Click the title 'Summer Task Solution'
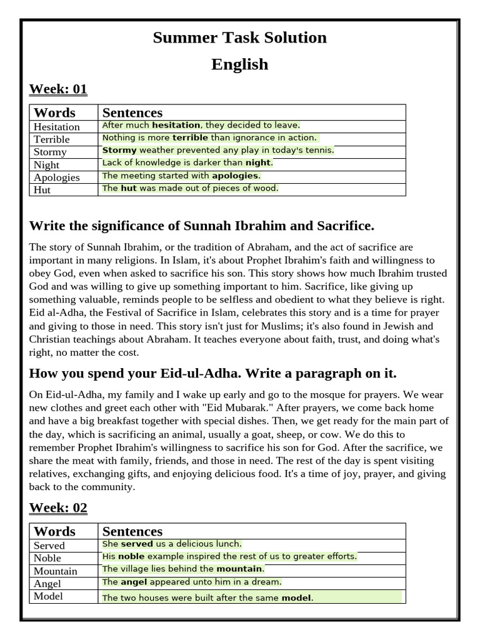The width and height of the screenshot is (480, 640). pos(239,37)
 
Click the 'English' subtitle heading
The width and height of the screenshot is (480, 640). pos(239,64)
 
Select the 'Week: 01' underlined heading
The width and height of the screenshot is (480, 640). pos(58,89)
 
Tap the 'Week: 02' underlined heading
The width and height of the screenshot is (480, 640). pos(58,507)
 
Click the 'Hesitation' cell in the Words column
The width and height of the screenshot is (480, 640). pos(57,127)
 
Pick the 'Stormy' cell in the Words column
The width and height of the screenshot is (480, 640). pos(50,152)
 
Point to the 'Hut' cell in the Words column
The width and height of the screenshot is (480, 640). pos(42,189)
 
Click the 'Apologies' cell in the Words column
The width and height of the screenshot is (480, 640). pos(57,177)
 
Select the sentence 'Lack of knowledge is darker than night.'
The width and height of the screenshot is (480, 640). pos(187,162)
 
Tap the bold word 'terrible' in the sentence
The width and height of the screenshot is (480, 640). pos(190,137)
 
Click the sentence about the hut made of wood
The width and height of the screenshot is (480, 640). pos(190,188)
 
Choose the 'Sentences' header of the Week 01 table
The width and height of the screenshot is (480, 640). pos(132,112)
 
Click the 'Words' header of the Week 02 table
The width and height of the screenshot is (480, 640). pos(54,531)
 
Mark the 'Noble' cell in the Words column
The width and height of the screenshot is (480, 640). pos(47,558)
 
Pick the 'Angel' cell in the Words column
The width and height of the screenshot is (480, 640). pos(47,583)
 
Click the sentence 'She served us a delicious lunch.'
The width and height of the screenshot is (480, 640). pos(172,544)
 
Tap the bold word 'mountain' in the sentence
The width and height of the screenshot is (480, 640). pos(239,569)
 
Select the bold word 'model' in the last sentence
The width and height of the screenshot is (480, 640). pos(296,598)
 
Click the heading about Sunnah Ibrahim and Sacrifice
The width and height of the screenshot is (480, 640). pos(201,226)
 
